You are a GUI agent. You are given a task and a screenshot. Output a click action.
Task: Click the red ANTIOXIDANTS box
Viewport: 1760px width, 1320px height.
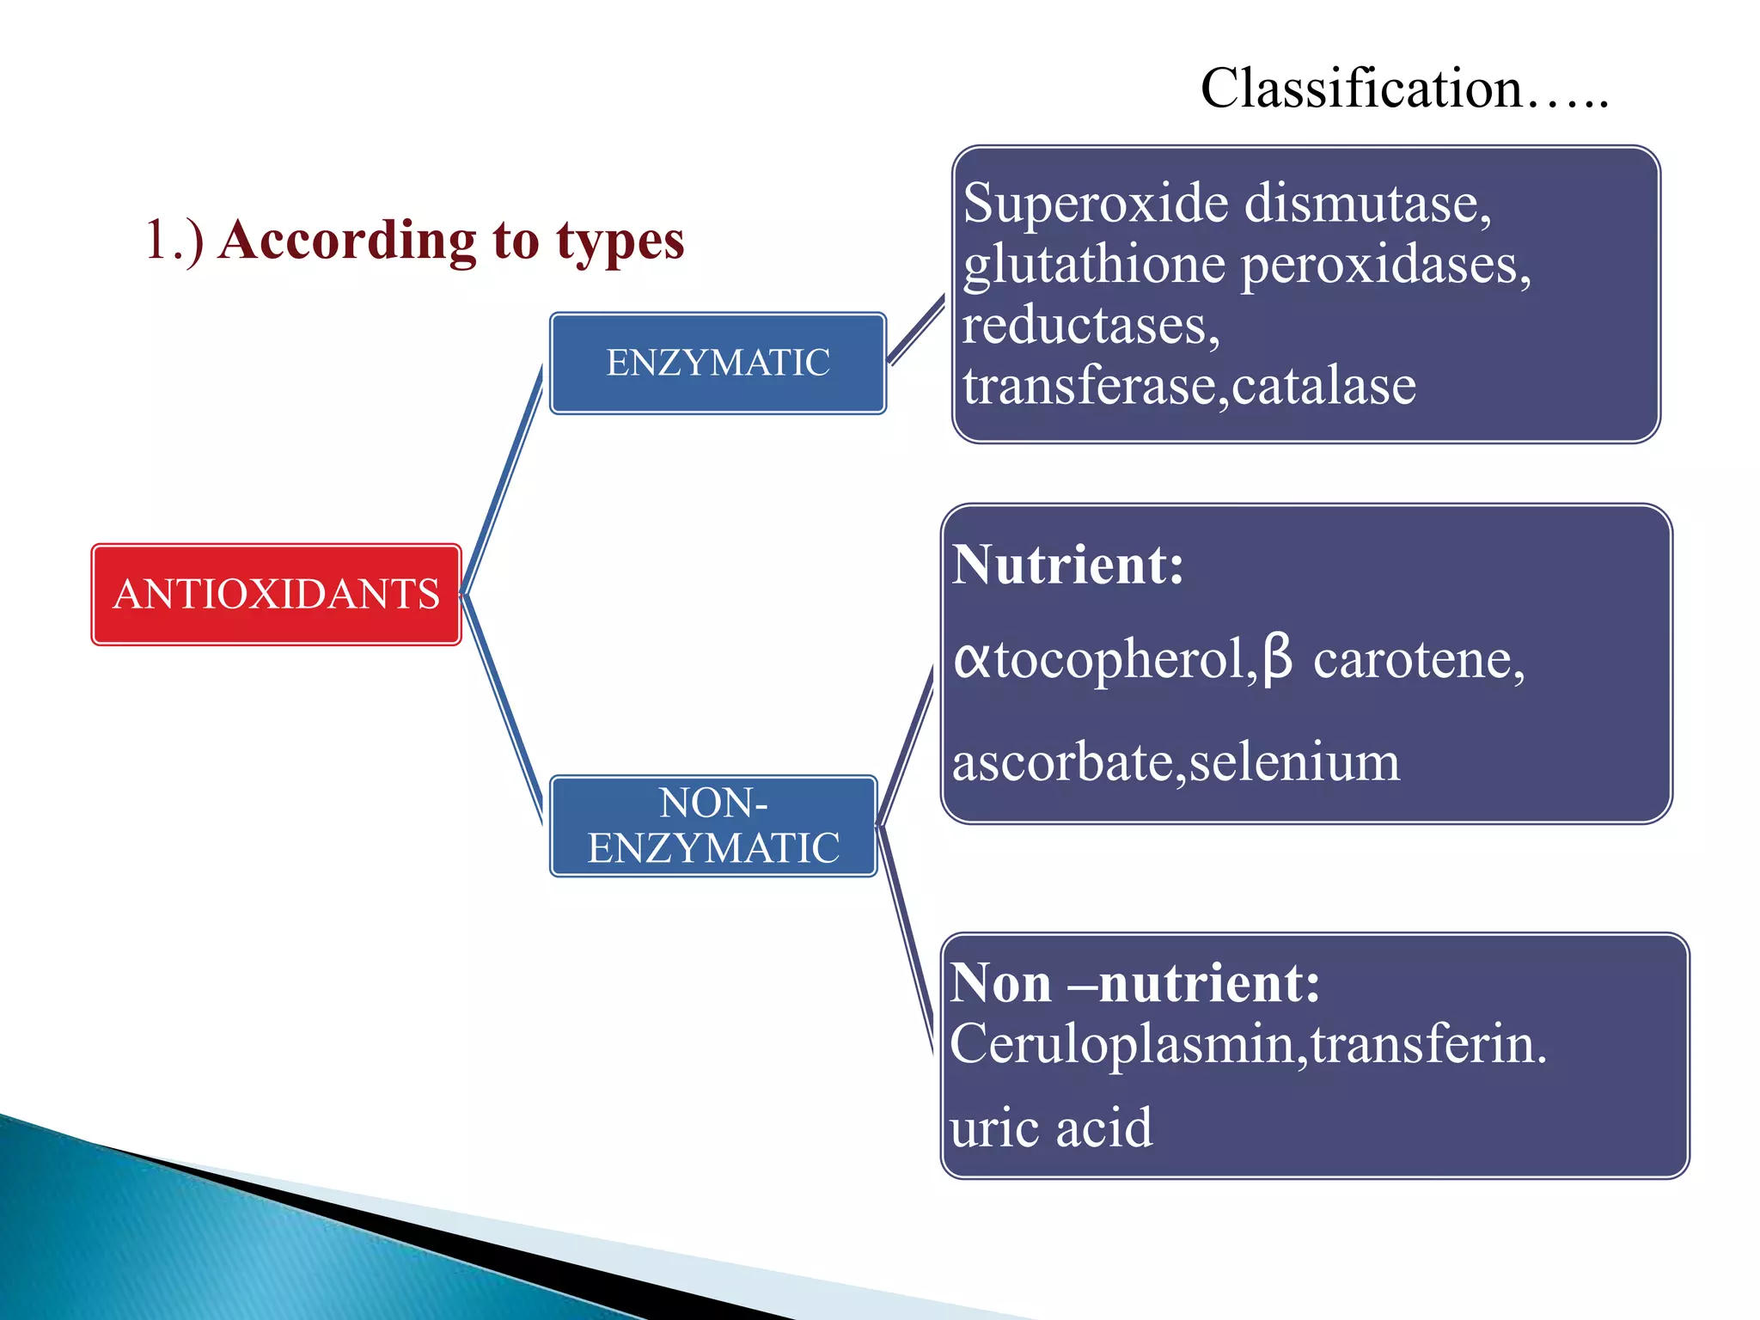[x=276, y=594]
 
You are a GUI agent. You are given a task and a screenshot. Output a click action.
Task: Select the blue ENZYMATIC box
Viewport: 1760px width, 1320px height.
[x=718, y=363]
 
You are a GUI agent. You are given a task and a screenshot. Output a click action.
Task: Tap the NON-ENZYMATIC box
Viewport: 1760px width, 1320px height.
[x=713, y=826]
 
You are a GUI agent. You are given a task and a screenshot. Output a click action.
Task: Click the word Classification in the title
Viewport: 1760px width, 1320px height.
[x=1361, y=89]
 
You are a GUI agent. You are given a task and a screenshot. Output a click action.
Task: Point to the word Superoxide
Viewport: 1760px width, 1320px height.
[x=1096, y=204]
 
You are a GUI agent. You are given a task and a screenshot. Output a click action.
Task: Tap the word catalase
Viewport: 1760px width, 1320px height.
[x=1323, y=386]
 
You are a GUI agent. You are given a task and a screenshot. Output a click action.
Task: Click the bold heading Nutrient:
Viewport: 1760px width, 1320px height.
[x=1067, y=565]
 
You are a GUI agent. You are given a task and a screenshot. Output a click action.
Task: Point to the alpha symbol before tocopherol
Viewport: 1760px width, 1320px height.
[x=972, y=660]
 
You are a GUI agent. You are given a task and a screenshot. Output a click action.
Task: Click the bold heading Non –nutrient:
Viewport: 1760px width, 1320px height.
[x=1134, y=982]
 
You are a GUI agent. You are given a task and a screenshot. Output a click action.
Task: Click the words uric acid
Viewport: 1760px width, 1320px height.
[x=1050, y=1127]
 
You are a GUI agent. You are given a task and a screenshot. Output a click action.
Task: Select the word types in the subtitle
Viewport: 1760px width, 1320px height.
[x=620, y=241]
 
